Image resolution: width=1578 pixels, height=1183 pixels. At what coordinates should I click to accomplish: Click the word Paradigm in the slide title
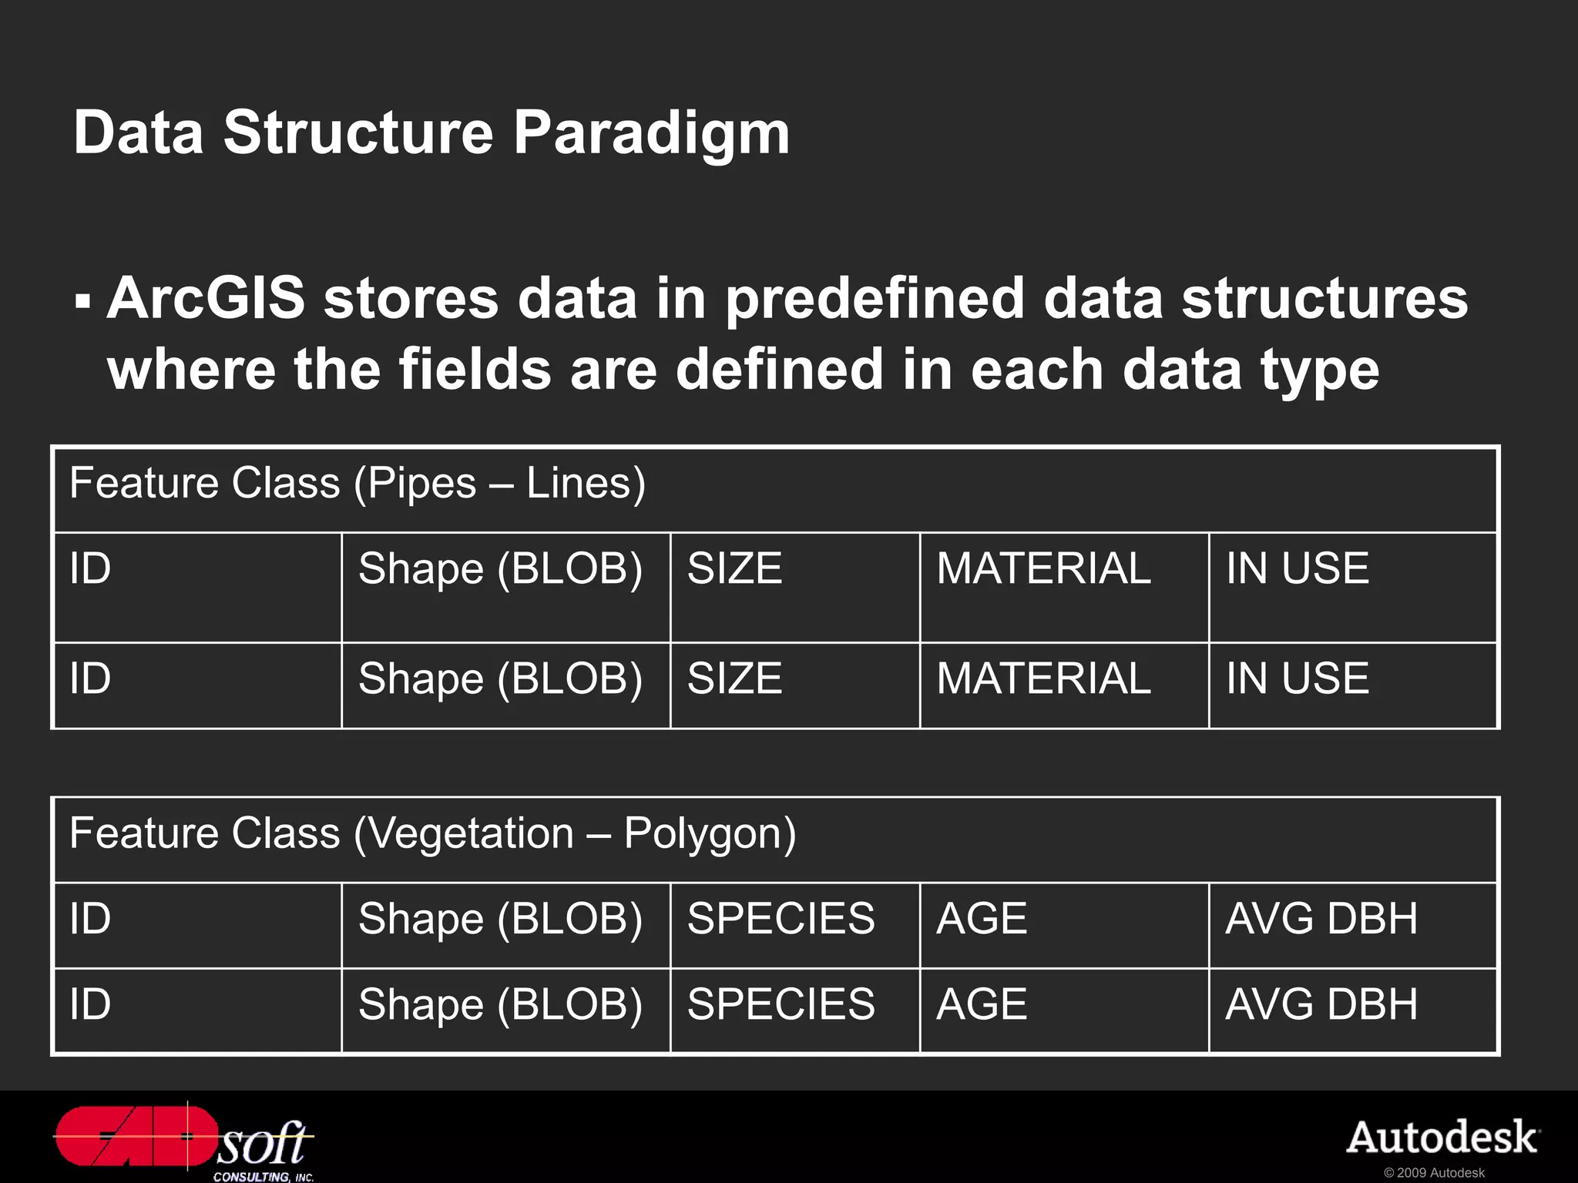click(651, 133)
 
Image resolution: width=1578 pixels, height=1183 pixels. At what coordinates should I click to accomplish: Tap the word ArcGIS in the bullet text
click(206, 299)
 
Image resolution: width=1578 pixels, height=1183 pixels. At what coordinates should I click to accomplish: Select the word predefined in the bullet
click(875, 299)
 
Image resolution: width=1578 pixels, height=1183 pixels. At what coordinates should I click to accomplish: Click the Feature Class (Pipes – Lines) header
click(358, 484)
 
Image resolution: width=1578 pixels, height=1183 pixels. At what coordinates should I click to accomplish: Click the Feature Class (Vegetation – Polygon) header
click(432, 834)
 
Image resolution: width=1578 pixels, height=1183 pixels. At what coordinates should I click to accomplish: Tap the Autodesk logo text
click(1442, 1138)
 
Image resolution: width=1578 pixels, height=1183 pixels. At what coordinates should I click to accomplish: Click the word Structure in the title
click(358, 133)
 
